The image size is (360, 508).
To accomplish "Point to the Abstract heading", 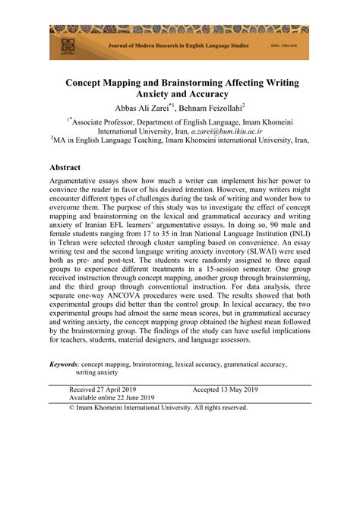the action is click(x=71, y=166).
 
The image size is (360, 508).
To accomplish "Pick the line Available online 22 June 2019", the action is click(x=112, y=397).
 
